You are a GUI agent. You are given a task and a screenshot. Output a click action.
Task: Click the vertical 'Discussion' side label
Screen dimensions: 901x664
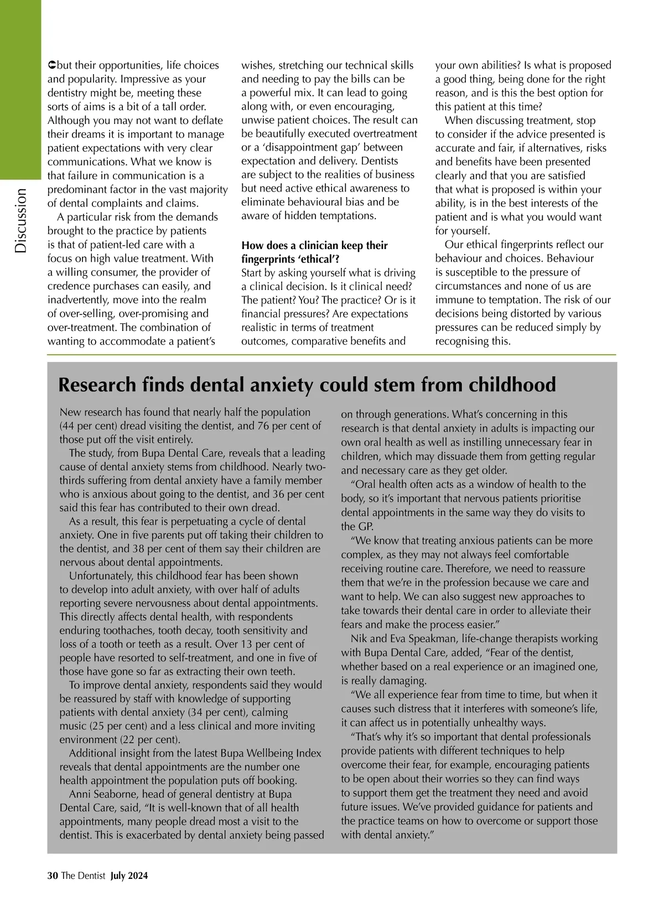pyautogui.click(x=20, y=220)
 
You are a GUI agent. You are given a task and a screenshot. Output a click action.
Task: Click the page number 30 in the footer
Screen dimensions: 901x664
pyautogui.click(x=53, y=876)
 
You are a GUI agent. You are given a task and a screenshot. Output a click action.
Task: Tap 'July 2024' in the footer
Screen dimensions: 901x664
pyautogui.click(x=129, y=876)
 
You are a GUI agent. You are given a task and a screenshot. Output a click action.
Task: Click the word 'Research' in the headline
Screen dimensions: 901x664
pyautogui.click(x=97, y=385)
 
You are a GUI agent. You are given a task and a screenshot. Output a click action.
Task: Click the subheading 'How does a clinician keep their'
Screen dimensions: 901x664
pyautogui.click(x=314, y=245)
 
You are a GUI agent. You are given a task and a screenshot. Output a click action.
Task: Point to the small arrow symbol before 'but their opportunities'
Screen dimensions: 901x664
pyautogui.click(x=52, y=65)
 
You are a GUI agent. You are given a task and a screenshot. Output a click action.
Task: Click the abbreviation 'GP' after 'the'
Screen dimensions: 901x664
pyautogui.click(x=365, y=526)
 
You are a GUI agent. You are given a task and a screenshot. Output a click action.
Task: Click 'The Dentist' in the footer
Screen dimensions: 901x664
pyautogui.click(x=83, y=876)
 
